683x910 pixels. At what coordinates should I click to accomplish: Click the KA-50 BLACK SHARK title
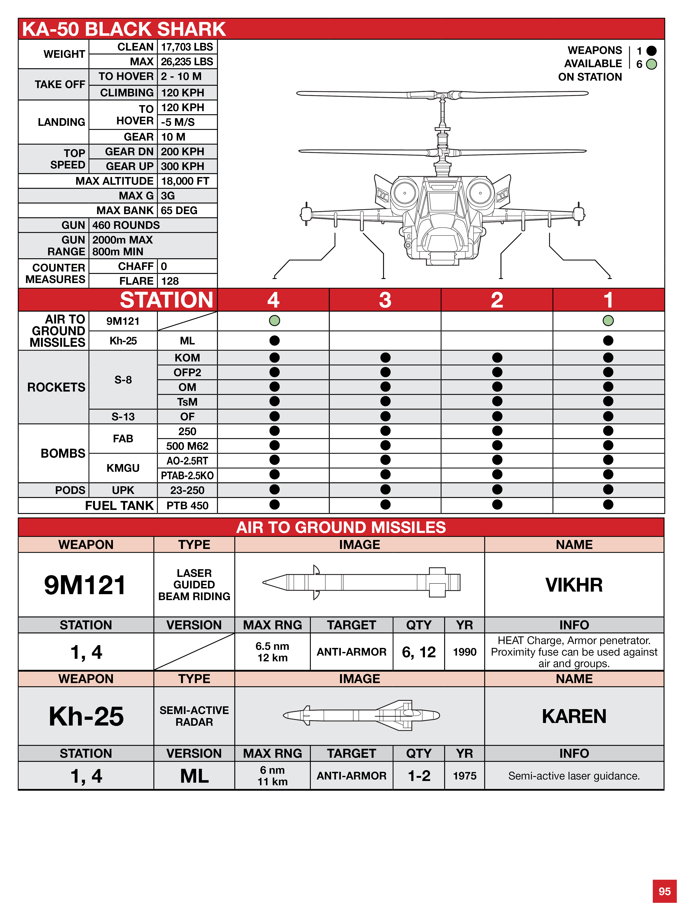(x=124, y=29)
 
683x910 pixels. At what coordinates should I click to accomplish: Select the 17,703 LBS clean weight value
(x=187, y=47)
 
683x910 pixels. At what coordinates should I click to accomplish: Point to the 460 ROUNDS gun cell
(x=126, y=225)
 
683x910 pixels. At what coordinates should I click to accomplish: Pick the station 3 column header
(x=385, y=300)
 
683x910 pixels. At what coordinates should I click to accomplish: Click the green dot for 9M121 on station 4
(x=274, y=321)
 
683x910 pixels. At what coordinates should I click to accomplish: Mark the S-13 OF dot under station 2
(x=497, y=416)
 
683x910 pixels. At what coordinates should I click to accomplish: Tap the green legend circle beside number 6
(x=651, y=64)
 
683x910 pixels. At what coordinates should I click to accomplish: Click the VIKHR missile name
(x=574, y=585)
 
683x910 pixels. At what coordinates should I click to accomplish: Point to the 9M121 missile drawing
(x=361, y=582)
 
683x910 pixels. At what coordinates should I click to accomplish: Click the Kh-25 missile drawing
(x=361, y=716)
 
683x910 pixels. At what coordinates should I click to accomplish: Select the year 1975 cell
(x=464, y=776)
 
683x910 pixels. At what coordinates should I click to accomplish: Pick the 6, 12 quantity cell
(x=419, y=652)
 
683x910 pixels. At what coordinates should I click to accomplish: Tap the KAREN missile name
(x=574, y=716)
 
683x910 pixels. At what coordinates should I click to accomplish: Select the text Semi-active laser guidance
(x=574, y=776)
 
